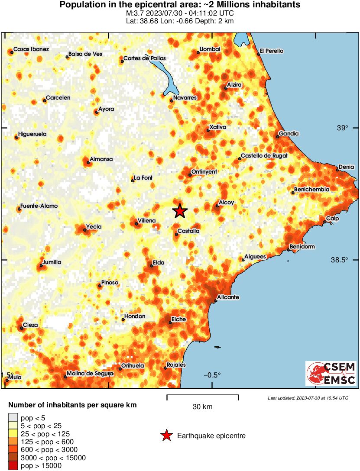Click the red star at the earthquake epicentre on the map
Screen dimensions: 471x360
tap(180, 211)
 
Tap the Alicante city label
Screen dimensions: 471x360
tap(228, 297)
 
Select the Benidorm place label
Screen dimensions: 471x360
tap(302, 247)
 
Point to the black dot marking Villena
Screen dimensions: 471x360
tap(136, 224)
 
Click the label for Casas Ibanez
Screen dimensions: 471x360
tap(31, 49)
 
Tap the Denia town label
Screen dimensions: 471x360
tap(347, 167)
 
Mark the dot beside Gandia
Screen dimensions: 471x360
tap(277, 137)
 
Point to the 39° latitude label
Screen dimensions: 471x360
tap(343, 128)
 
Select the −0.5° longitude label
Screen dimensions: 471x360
tap(212, 375)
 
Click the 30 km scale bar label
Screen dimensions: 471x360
tap(202, 406)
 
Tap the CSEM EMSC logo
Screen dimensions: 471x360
tap(331, 374)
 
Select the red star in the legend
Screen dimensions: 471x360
tap(166, 436)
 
